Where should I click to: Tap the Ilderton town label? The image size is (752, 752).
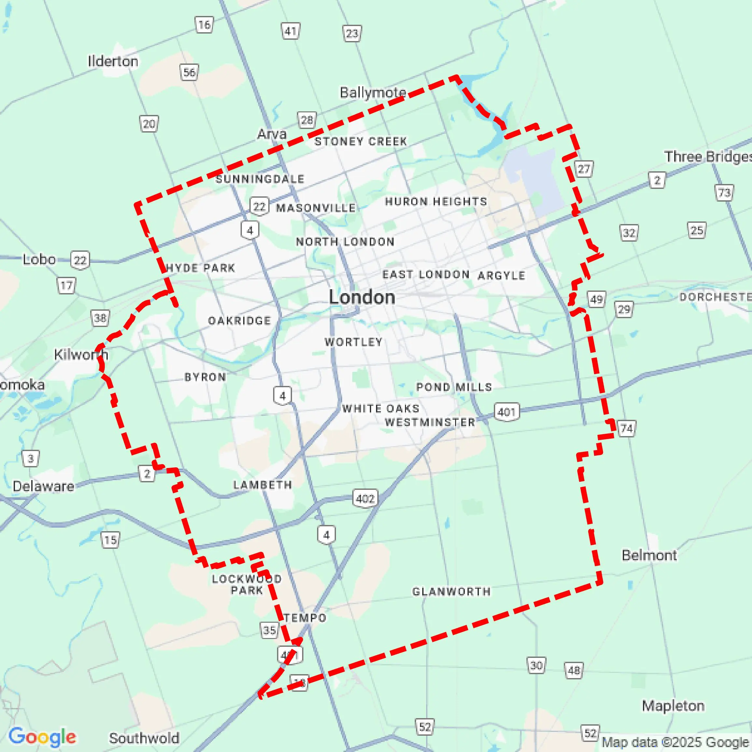point(113,61)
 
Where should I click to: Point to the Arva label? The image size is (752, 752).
point(272,134)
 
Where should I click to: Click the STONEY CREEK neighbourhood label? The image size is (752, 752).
point(361,141)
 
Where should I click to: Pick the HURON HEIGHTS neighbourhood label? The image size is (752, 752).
point(436,201)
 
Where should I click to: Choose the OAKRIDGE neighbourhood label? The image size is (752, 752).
point(239,320)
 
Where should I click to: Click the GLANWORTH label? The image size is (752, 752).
point(452,591)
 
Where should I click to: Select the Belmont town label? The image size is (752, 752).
point(649,555)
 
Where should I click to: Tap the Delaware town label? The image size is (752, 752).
point(43,486)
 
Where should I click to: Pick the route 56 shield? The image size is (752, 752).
point(189,72)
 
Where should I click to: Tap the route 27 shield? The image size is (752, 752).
point(583,169)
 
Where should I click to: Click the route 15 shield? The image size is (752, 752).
point(110,540)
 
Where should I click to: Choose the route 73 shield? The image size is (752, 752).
point(724,192)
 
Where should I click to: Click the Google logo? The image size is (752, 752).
point(42,737)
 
